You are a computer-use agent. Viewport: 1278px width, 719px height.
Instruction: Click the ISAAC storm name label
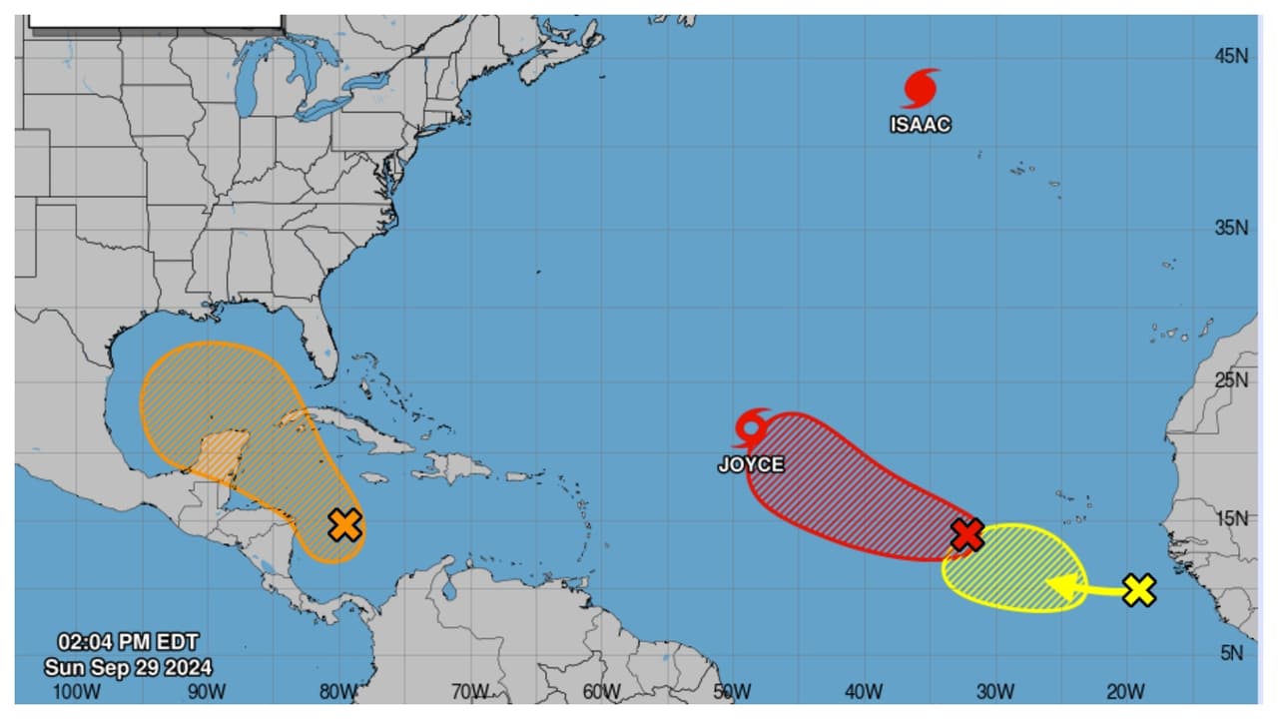click(921, 125)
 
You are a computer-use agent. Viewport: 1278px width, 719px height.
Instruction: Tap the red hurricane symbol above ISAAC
click(921, 88)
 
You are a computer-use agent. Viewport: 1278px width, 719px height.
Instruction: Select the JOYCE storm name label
click(750, 464)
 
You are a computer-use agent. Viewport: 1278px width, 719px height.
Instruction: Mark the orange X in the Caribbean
click(344, 524)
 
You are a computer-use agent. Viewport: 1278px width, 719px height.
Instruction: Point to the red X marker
click(966, 534)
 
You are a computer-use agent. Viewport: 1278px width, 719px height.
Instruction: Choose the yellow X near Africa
click(1138, 590)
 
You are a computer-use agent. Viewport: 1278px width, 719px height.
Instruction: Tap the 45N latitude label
click(1231, 57)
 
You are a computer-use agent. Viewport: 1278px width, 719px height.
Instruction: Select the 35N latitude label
click(1231, 228)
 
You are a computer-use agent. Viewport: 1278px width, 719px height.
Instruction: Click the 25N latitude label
click(1231, 380)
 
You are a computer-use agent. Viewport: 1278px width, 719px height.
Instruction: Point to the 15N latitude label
click(1231, 517)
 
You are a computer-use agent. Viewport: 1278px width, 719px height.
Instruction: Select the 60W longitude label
click(602, 691)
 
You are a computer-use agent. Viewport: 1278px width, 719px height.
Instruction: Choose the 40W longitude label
click(864, 691)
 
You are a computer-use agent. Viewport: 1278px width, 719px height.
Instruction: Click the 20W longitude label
click(1125, 691)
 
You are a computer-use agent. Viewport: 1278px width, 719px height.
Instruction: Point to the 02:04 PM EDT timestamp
click(128, 642)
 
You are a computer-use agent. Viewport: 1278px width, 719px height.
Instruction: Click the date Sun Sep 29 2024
click(128, 667)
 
